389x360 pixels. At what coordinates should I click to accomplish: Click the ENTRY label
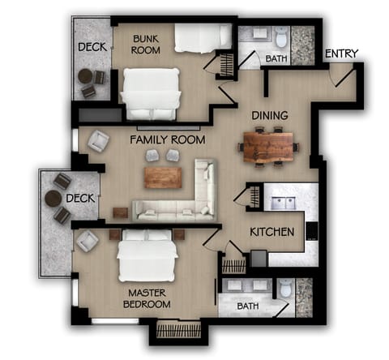coord(341,54)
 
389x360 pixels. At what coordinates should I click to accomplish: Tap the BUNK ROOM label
coord(147,43)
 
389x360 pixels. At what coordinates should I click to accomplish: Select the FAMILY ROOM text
coord(168,139)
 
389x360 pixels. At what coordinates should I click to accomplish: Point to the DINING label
coord(268,115)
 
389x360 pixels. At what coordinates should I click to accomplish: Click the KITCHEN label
coord(271,232)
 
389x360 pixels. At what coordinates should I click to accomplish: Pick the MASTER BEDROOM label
coord(147,298)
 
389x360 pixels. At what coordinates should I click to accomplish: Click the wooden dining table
coord(268,148)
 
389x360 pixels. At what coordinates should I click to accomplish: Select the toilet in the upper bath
coord(280,38)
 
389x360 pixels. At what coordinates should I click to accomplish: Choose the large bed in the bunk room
coord(151,92)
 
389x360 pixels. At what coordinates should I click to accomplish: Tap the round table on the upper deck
coord(85,76)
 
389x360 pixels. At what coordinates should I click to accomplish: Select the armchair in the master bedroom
coord(88,240)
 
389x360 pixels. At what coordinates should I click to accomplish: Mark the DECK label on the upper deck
coord(92,48)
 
